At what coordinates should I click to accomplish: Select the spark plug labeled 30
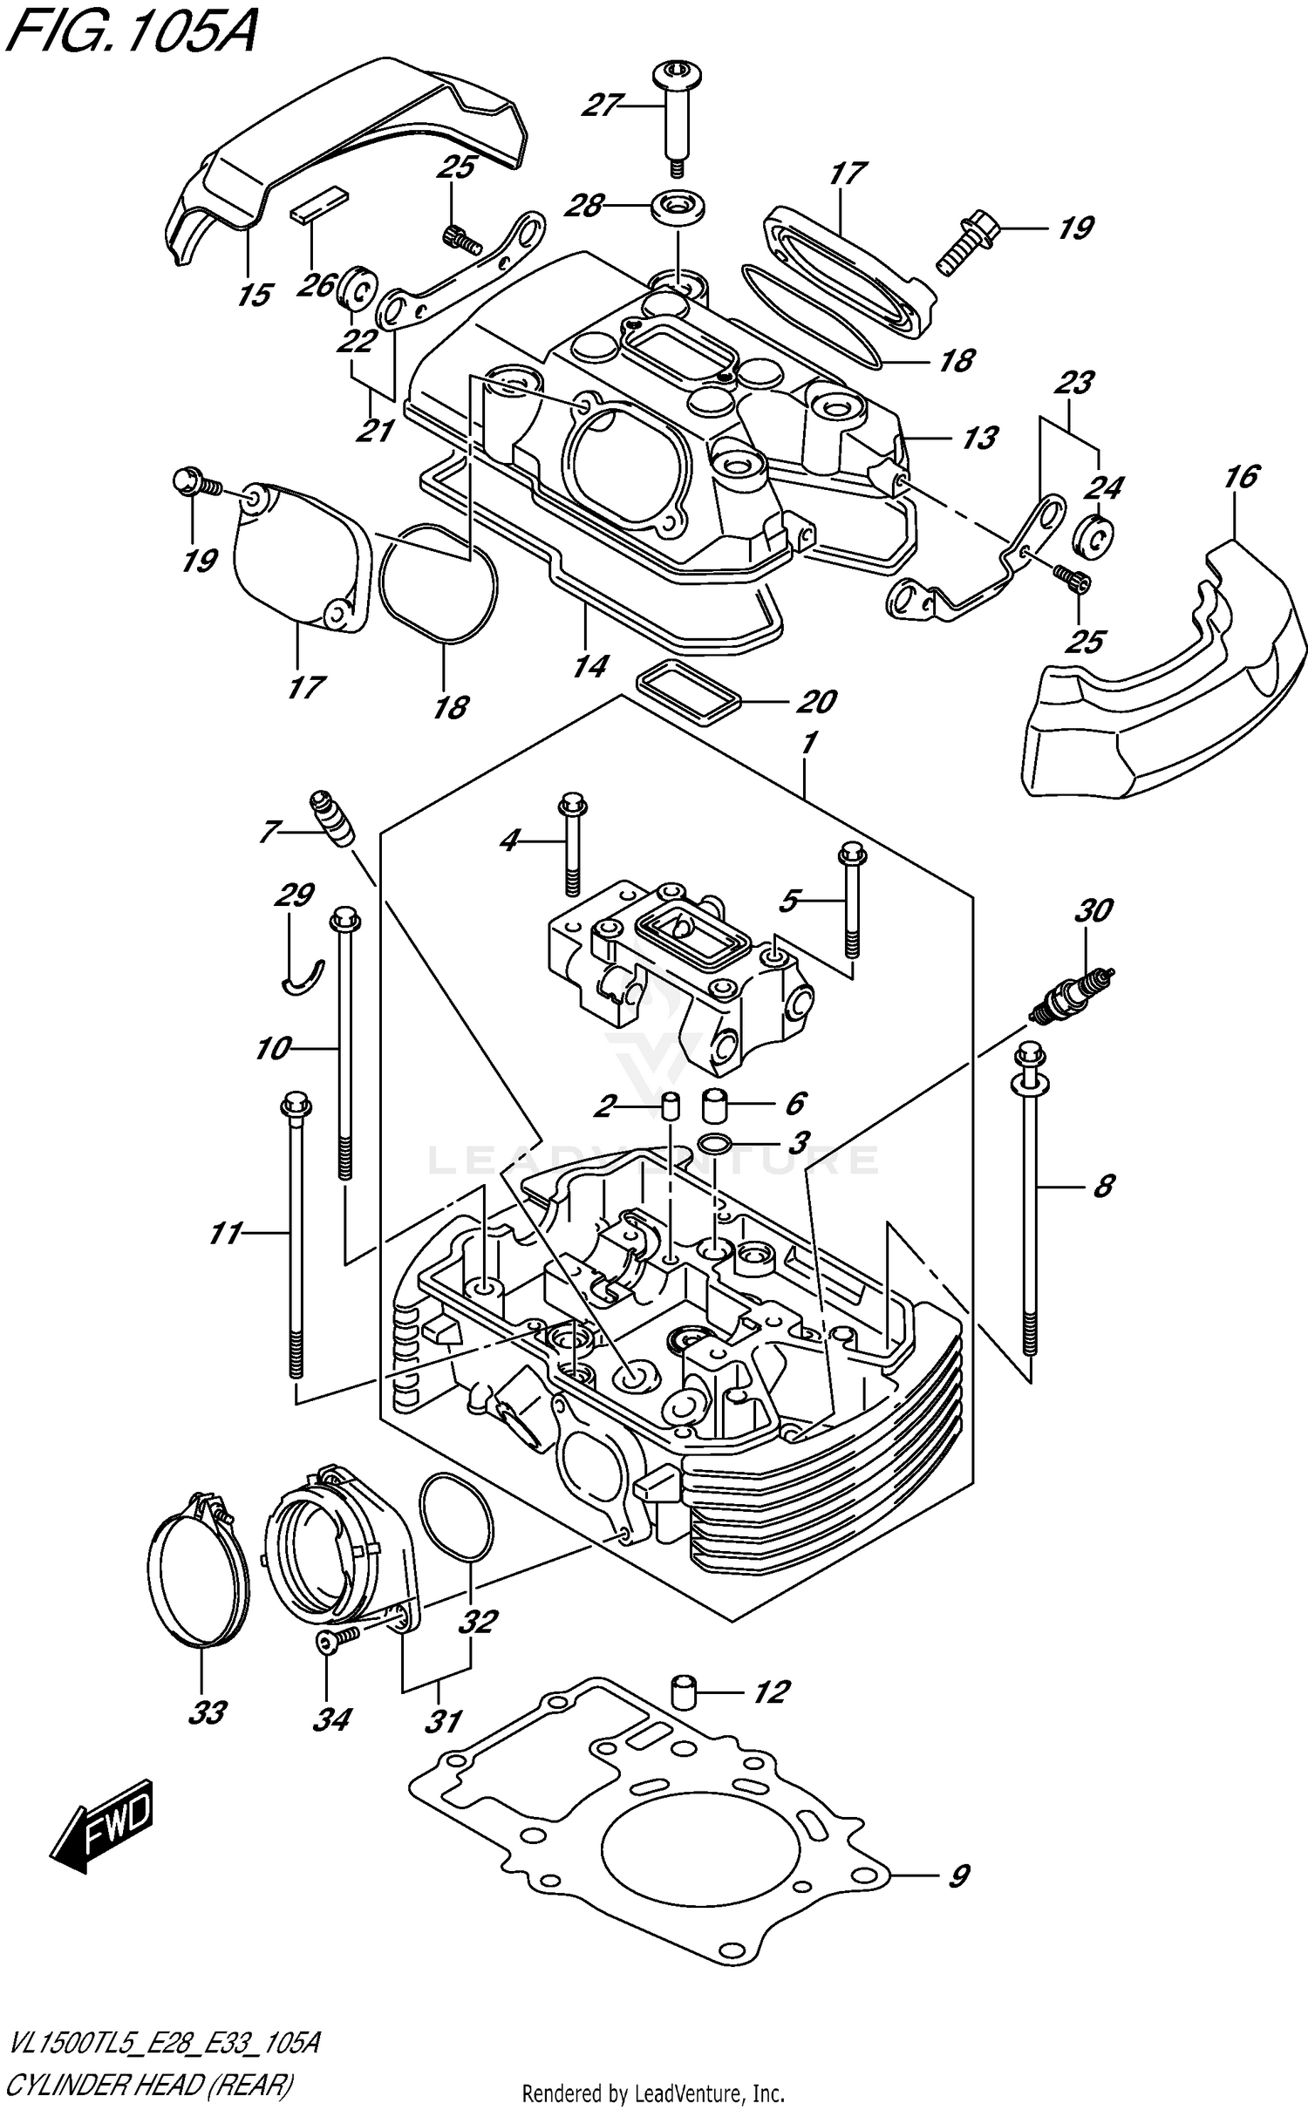1071,994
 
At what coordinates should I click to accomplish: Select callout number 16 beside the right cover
1242,477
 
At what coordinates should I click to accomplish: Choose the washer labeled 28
678,207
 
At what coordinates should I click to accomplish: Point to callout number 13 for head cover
978,438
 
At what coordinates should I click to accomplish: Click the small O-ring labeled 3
715,1143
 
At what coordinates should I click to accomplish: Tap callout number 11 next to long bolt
225,1233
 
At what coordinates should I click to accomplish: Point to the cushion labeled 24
1092,535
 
